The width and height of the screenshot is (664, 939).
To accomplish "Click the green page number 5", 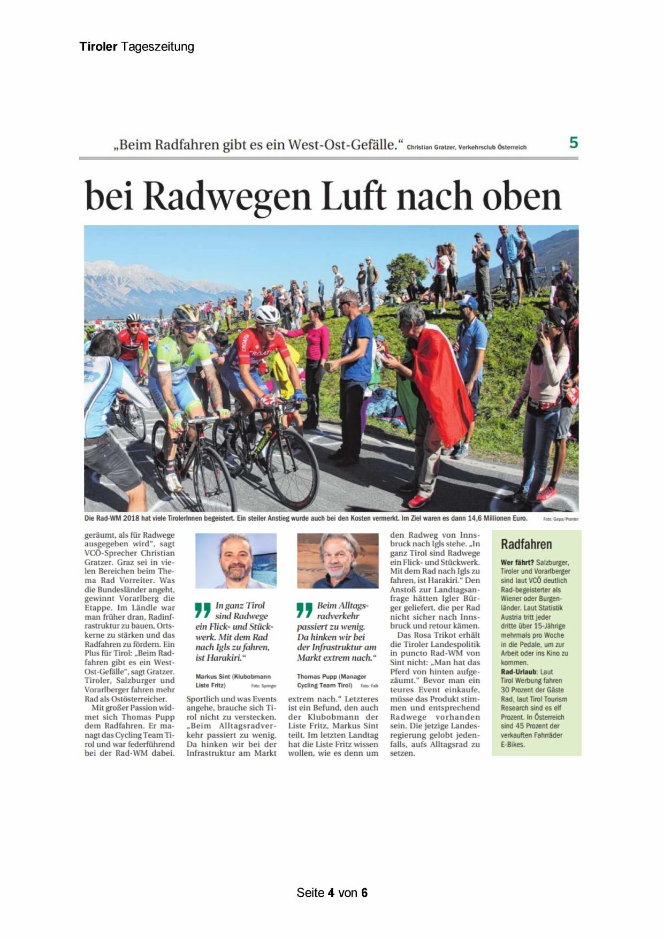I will click(574, 143).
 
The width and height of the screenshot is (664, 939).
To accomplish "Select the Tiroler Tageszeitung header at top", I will click(136, 47).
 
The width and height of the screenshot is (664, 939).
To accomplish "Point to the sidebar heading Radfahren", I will click(526, 545).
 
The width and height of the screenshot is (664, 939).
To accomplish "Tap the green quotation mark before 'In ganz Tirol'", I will click(203, 610).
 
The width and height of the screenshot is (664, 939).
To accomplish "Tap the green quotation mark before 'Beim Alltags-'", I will click(304, 610).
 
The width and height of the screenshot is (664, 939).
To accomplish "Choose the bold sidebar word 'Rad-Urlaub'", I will click(519, 671).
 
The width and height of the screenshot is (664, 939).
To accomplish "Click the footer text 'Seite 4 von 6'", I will click(332, 892).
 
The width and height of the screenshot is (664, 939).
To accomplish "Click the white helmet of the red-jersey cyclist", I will click(267, 314).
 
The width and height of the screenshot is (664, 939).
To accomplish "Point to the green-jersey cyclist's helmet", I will click(187, 312).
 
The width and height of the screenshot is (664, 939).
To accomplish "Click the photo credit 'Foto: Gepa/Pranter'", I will click(560, 519).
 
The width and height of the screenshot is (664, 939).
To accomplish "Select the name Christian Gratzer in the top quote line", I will click(430, 147).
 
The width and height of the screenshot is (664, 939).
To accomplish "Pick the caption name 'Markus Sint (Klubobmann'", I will click(233, 677).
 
